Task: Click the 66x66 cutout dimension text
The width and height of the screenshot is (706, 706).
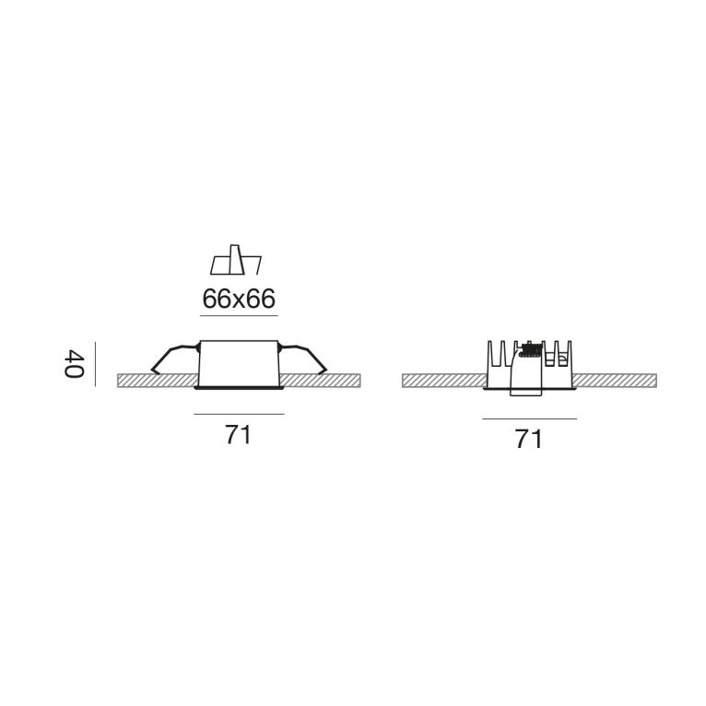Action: (238, 300)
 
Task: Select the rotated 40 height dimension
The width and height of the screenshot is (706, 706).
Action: (74, 362)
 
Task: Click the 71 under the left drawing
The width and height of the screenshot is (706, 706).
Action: (238, 437)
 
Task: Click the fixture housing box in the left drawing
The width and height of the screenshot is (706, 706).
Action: (238, 364)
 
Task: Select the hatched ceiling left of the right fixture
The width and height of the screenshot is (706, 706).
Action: (442, 380)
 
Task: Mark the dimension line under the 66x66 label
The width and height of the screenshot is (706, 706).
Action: (238, 317)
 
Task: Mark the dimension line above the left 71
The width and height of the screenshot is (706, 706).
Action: (238, 415)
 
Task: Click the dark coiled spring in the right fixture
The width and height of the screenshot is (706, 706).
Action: (529, 349)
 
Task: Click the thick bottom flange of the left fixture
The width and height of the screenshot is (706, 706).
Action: (238, 390)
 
